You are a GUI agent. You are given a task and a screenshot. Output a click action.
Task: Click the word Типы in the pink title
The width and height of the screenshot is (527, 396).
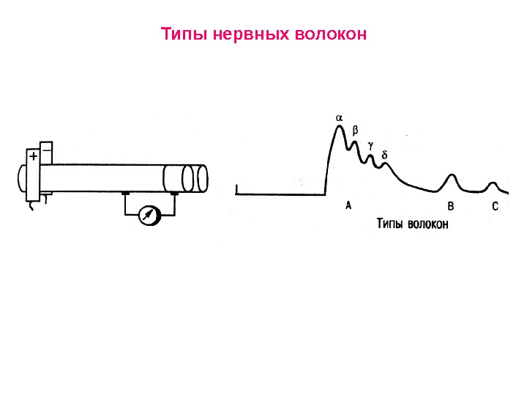click(179, 34)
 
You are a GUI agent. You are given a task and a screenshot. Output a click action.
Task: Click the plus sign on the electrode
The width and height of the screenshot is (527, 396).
click(33, 157)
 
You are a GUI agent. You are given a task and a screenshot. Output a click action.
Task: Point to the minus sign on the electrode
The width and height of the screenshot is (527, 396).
click(47, 147)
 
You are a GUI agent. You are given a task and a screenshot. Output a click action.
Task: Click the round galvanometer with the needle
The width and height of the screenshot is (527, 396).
click(149, 215)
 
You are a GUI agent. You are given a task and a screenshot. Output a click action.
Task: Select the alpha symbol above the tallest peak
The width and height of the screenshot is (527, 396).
click(339, 117)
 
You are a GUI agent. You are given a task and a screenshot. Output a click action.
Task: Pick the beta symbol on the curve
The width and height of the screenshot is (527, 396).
click(356, 130)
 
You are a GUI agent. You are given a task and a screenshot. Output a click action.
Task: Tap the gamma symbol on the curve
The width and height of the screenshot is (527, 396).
click(370, 145)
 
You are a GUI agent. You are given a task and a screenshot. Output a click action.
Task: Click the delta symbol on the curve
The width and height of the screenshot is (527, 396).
click(385, 155)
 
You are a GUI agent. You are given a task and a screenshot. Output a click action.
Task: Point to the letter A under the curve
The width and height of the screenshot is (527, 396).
click(348, 206)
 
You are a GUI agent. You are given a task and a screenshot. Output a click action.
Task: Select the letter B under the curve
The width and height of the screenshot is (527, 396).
click(451, 207)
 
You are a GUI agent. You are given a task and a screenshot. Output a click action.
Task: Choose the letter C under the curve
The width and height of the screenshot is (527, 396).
click(495, 207)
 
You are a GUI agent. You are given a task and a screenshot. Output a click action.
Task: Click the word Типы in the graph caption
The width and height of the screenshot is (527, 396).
click(392, 224)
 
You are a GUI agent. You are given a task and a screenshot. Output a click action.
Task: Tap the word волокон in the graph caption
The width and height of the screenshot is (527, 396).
click(429, 224)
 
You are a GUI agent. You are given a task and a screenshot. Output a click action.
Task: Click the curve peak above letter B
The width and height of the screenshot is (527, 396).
click(452, 175)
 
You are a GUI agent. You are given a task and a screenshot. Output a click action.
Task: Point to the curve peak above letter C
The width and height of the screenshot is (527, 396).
click(494, 183)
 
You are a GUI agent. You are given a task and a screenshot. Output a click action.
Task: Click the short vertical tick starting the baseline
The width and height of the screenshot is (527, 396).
click(237, 191)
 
